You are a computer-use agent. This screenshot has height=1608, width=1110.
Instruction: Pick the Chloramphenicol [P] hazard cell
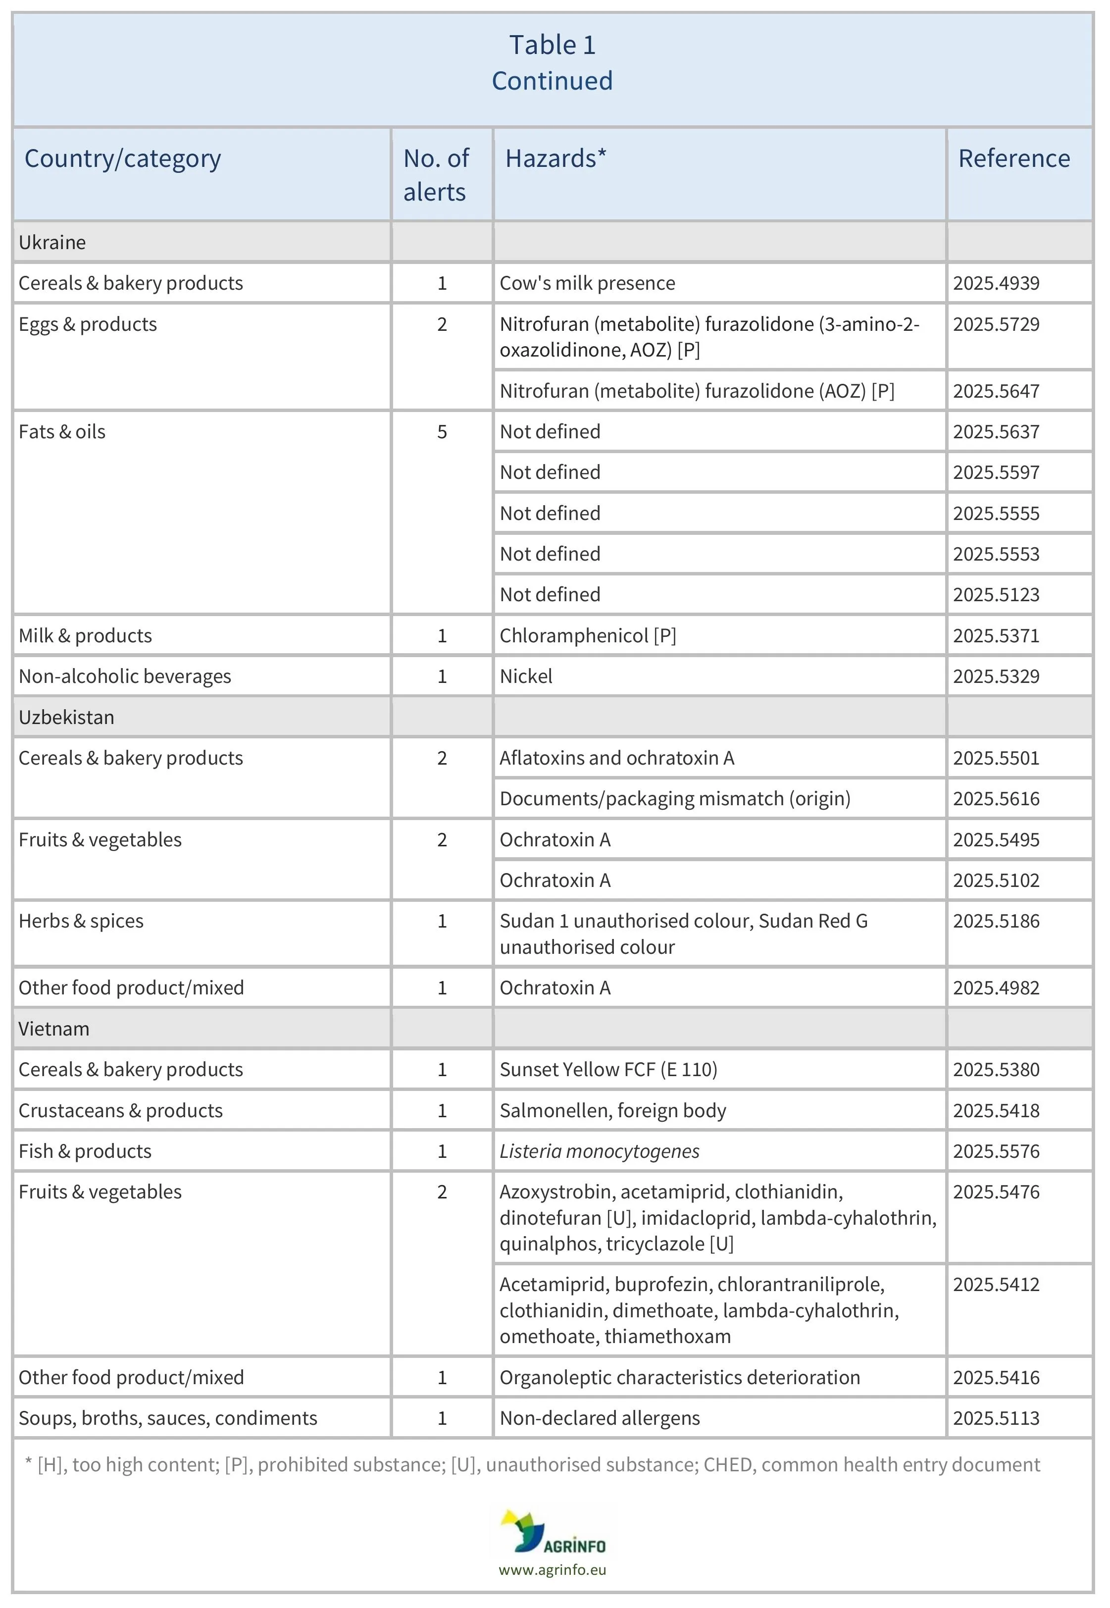tap(587, 636)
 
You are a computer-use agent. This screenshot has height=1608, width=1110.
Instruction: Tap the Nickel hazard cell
tap(526, 676)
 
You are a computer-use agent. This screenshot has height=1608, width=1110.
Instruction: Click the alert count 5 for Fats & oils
tap(442, 432)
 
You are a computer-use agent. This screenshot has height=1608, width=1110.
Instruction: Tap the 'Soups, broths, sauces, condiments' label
tap(168, 1418)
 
